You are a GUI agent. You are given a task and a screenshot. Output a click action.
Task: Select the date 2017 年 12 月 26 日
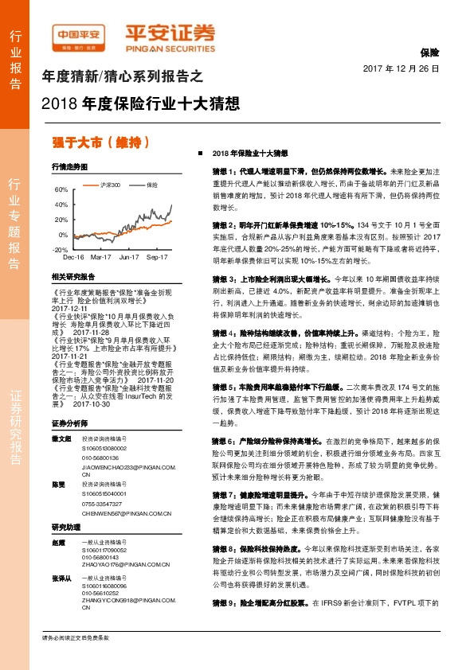(402, 69)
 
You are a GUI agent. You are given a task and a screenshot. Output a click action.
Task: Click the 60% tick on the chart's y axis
(61, 190)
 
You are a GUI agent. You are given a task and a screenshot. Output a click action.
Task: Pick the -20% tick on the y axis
(60, 250)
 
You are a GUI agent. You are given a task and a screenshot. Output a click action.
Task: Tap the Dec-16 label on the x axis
(73, 258)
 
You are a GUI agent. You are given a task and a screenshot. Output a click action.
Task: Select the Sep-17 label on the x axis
(156, 258)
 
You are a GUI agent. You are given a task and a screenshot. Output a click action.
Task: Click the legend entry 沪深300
(108, 185)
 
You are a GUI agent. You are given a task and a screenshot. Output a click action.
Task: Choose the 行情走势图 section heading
(69, 167)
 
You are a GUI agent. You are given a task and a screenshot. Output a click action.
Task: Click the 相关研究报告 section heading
(72, 276)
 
